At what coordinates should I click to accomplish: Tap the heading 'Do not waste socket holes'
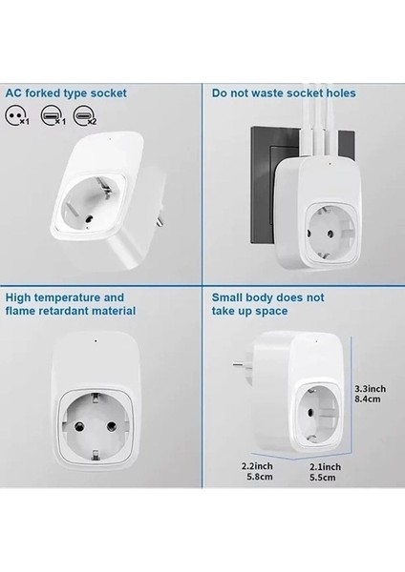point(284,93)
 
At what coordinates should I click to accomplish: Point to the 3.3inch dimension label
point(369,388)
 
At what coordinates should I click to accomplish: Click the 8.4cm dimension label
point(367,400)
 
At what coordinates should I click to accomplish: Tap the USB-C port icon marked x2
point(86,114)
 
